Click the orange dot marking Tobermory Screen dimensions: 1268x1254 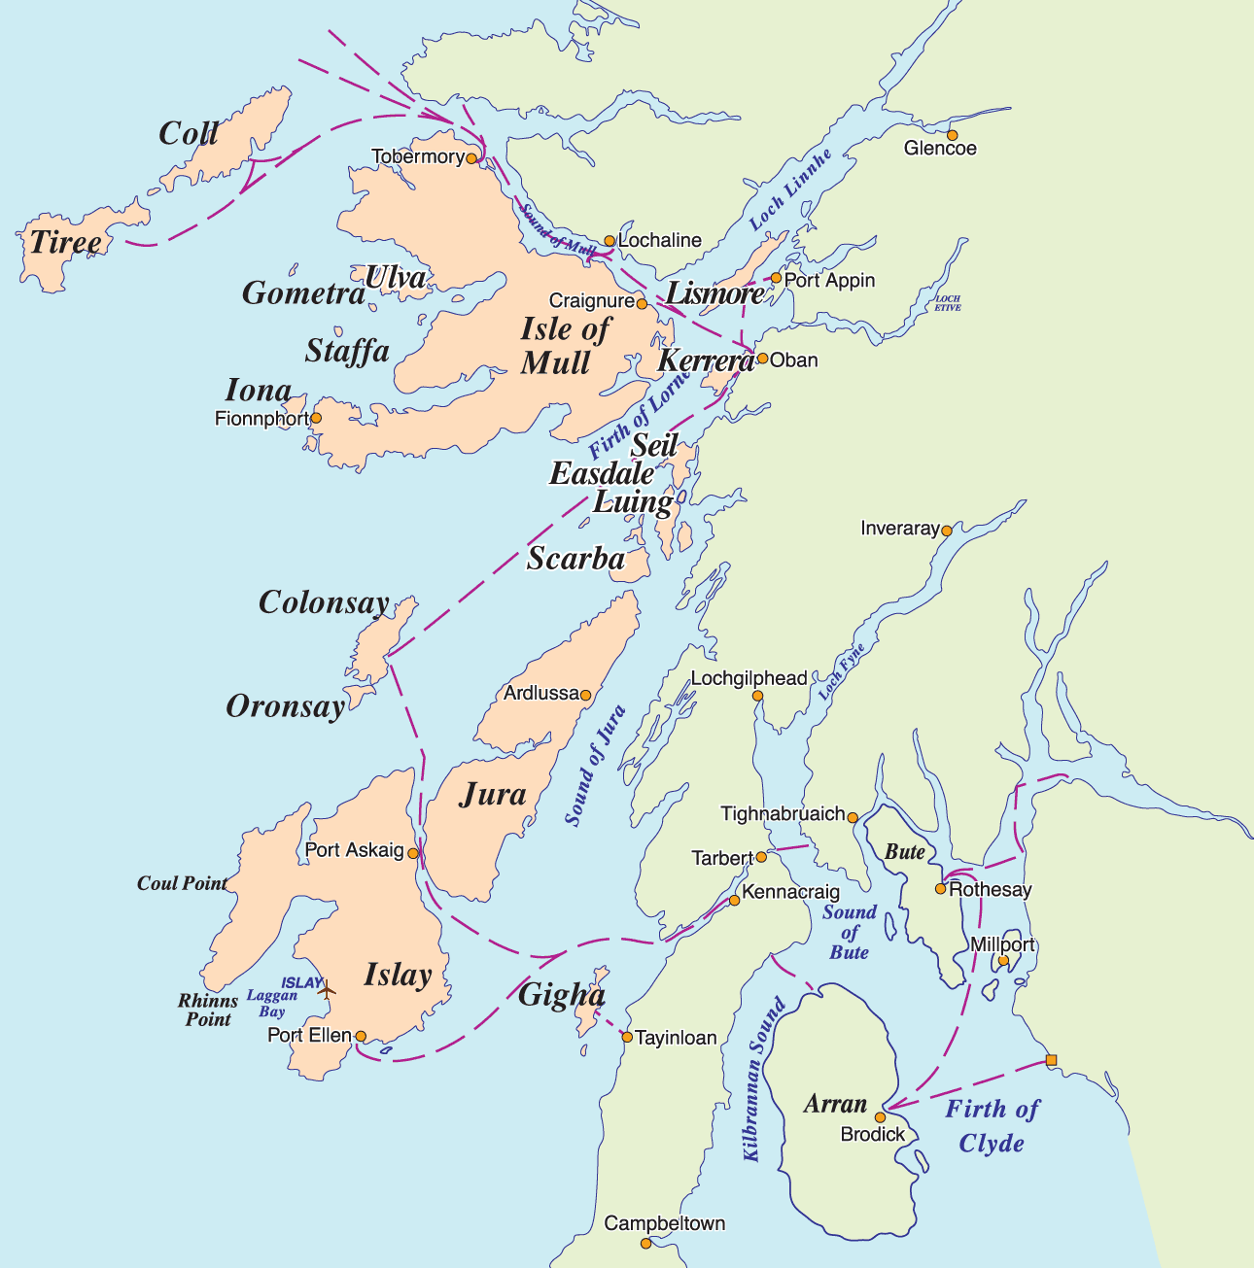(471, 157)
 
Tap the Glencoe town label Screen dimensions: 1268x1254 (940, 149)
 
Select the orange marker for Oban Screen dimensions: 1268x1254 (763, 359)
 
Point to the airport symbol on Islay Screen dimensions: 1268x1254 (326, 989)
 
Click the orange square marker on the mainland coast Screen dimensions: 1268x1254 (1050, 1060)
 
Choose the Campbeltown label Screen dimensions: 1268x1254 (665, 1223)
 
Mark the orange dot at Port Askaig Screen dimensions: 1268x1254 (413, 853)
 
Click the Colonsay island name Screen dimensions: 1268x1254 (324, 603)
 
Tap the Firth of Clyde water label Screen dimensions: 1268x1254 (993, 1126)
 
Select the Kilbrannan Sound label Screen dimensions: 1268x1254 (763, 1079)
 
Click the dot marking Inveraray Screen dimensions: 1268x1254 (946, 531)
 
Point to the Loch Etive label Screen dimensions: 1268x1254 (948, 303)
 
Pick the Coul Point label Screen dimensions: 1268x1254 (182, 883)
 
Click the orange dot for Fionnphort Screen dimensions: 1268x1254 (316, 418)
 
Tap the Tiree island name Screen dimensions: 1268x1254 (65, 242)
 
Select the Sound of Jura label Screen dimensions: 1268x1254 (595, 766)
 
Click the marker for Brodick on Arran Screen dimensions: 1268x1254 (881, 1117)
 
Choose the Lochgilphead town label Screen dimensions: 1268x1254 (749, 678)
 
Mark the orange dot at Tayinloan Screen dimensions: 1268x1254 (627, 1037)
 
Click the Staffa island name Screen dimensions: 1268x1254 (347, 351)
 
